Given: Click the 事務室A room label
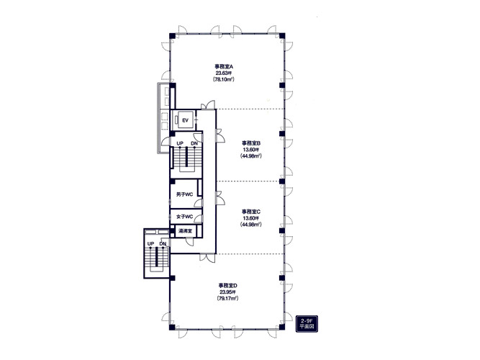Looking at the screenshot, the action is point(224,66).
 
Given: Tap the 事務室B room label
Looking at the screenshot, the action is point(251,143).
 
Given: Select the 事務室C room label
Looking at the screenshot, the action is point(251,212).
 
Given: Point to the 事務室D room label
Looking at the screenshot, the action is point(227,286).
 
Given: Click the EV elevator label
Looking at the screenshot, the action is point(185,120).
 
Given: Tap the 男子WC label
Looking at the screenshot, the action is point(185,194).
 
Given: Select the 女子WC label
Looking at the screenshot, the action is point(185,217).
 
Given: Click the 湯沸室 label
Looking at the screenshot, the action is point(185,231).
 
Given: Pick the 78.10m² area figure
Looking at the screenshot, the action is point(224,79).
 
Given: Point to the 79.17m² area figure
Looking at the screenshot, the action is point(227,298).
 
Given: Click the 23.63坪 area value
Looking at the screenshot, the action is point(224,73).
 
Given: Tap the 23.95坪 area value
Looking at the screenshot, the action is point(227,292).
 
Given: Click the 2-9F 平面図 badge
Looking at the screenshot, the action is point(307,323).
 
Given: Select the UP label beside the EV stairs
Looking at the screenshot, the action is point(180,143).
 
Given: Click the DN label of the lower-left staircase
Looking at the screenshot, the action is point(163,243).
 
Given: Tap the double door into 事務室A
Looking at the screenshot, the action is point(208,105).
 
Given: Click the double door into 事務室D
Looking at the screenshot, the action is point(207,258).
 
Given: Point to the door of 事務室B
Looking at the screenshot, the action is point(220,136).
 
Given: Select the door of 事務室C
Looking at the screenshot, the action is point(220,198).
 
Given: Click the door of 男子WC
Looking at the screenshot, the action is point(199,202).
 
